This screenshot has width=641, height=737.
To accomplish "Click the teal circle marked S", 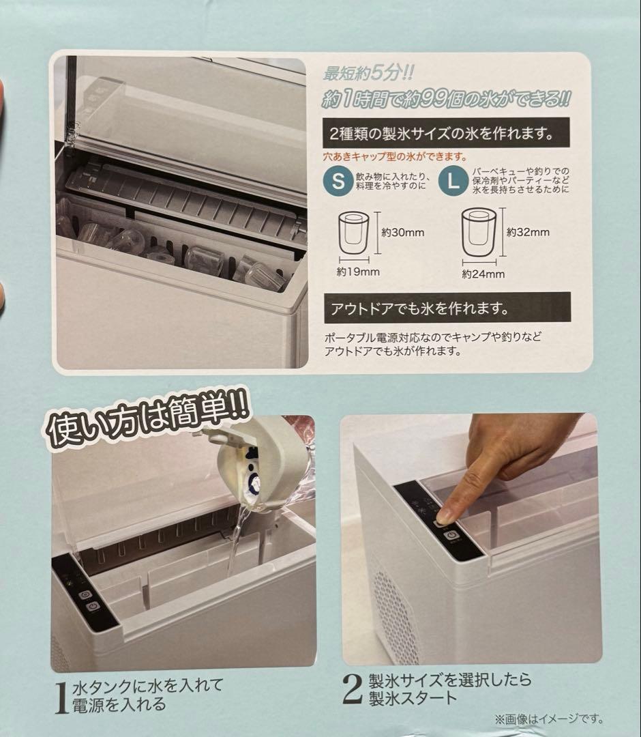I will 339,182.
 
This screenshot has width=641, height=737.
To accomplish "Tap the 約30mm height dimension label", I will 403,233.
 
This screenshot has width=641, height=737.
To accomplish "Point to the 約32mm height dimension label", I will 528,232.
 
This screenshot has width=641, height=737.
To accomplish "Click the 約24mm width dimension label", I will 483,274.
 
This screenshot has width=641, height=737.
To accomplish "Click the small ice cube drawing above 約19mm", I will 353,234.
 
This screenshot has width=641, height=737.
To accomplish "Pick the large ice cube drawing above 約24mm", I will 479,234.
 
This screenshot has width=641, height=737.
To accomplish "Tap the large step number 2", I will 351,689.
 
